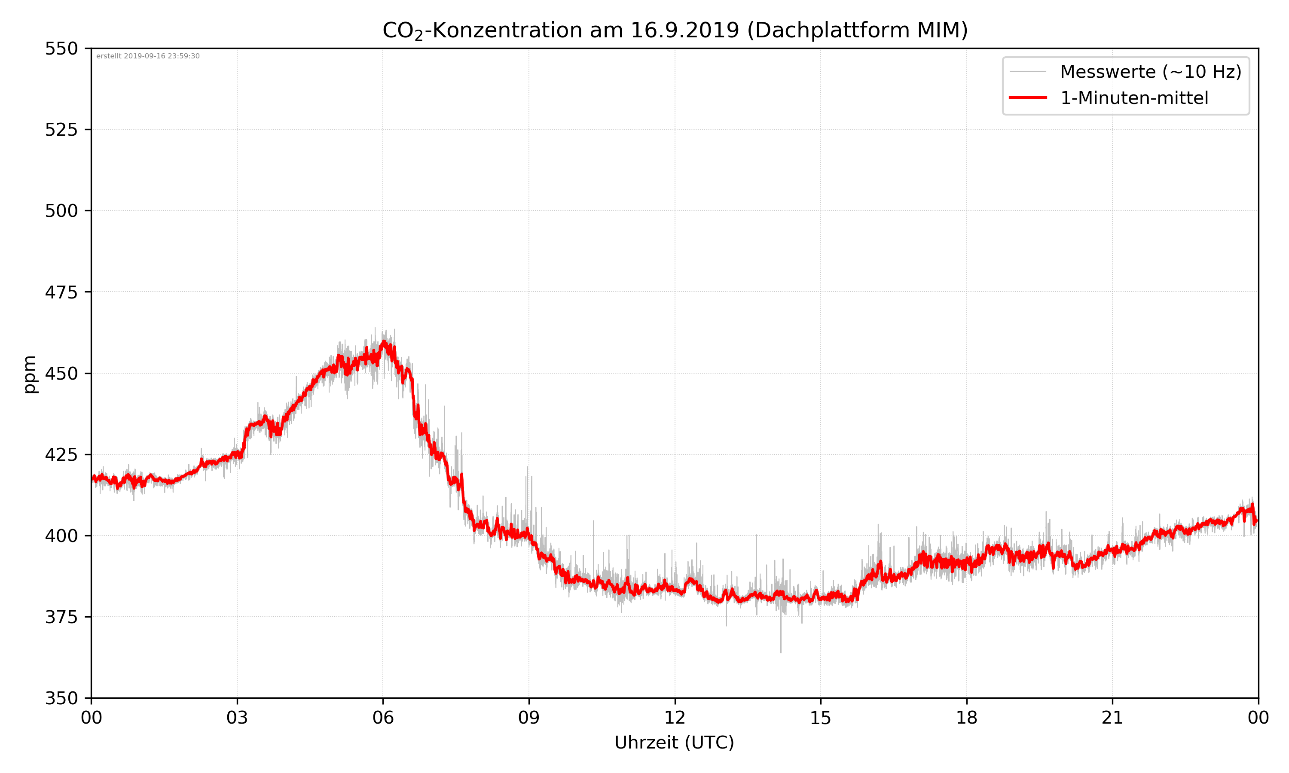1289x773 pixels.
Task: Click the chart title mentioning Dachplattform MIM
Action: tap(675, 30)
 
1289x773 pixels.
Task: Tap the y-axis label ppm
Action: tap(30, 374)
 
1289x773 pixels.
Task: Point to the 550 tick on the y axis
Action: tap(61, 49)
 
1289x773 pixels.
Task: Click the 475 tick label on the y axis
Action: tap(61, 292)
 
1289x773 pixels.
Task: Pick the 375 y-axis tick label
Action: tap(61, 617)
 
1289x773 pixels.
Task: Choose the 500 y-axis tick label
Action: tap(61, 211)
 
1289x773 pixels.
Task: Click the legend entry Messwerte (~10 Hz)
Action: tap(1150, 72)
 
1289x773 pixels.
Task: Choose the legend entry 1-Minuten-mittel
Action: tap(1134, 98)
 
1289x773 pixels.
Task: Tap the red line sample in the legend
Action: tap(1027, 97)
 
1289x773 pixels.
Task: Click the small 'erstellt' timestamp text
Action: tap(148, 56)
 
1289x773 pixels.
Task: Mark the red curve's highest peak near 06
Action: tap(384, 342)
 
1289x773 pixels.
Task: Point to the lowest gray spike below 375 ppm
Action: tap(780, 651)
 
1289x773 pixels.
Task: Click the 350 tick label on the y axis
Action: tap(61, 699)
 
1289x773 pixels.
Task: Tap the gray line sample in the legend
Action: tap(1027, 71)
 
